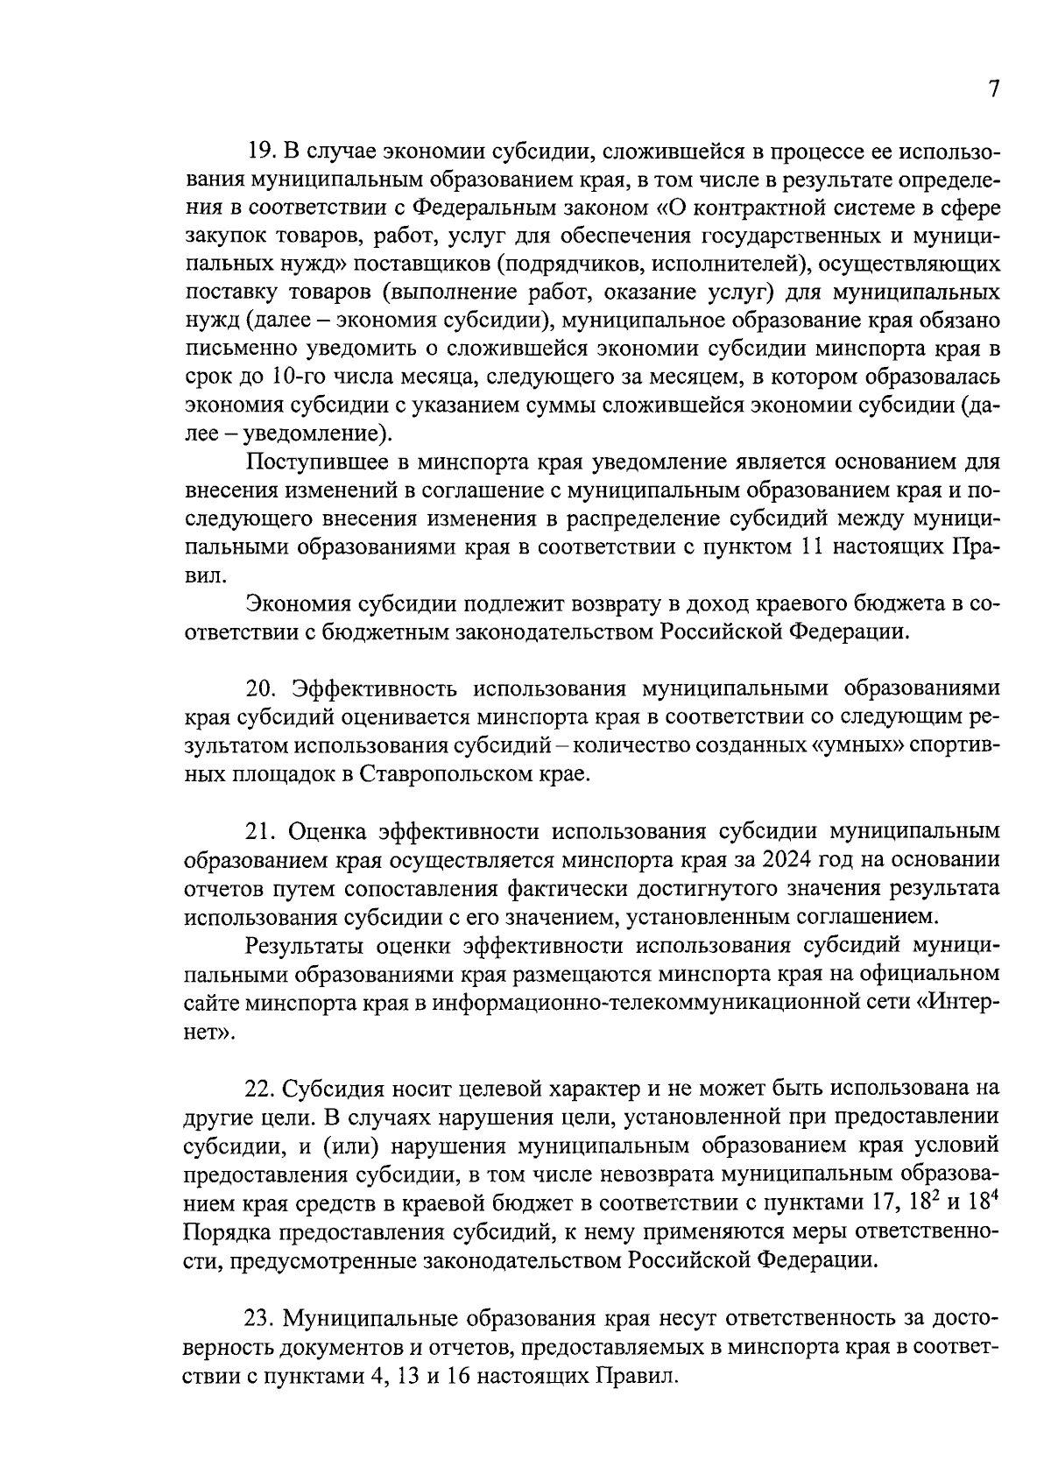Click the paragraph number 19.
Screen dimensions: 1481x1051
[x=261, y=152]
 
